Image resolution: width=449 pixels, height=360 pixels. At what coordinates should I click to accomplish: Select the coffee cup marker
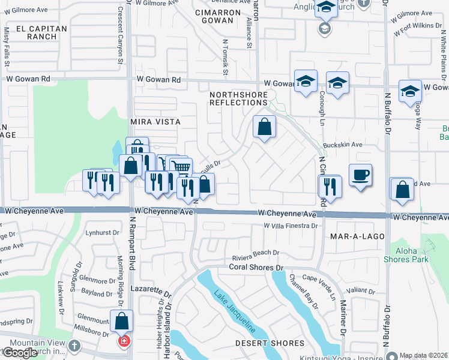coord(360,175)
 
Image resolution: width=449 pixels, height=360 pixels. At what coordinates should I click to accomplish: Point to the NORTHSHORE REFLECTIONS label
coord(238,99)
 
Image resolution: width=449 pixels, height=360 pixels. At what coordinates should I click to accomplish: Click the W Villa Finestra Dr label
coord(291,226)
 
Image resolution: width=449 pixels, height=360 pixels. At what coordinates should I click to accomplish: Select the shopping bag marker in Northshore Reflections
coord(264,127)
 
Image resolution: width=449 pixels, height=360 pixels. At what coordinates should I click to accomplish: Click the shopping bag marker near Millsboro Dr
coord(122,321)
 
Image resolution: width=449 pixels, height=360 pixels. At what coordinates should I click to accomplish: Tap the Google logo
coord(20,353)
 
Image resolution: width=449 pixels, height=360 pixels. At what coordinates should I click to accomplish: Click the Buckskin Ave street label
coord(343,145)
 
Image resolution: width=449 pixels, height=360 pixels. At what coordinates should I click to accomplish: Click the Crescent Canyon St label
coord(121,36)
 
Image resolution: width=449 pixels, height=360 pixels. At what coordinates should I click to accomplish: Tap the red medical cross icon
coord(124,341)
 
